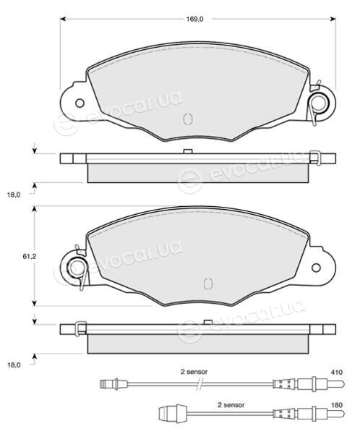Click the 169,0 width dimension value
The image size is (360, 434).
[x=194, y=19]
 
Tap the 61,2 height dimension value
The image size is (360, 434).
[x=30, y=257]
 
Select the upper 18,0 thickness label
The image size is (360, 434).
[x=14, y=195]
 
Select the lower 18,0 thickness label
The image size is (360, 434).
[x=14, y=365]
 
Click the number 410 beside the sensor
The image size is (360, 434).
[x=336, y=373]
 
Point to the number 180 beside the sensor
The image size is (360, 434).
[x=336, y=405]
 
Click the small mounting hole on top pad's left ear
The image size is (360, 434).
[x=80, y=103]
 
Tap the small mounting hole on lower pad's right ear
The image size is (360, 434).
[x=316, y=268]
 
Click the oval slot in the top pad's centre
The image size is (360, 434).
[x=188, y=119]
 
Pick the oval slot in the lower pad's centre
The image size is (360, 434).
[x=207, y=284]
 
